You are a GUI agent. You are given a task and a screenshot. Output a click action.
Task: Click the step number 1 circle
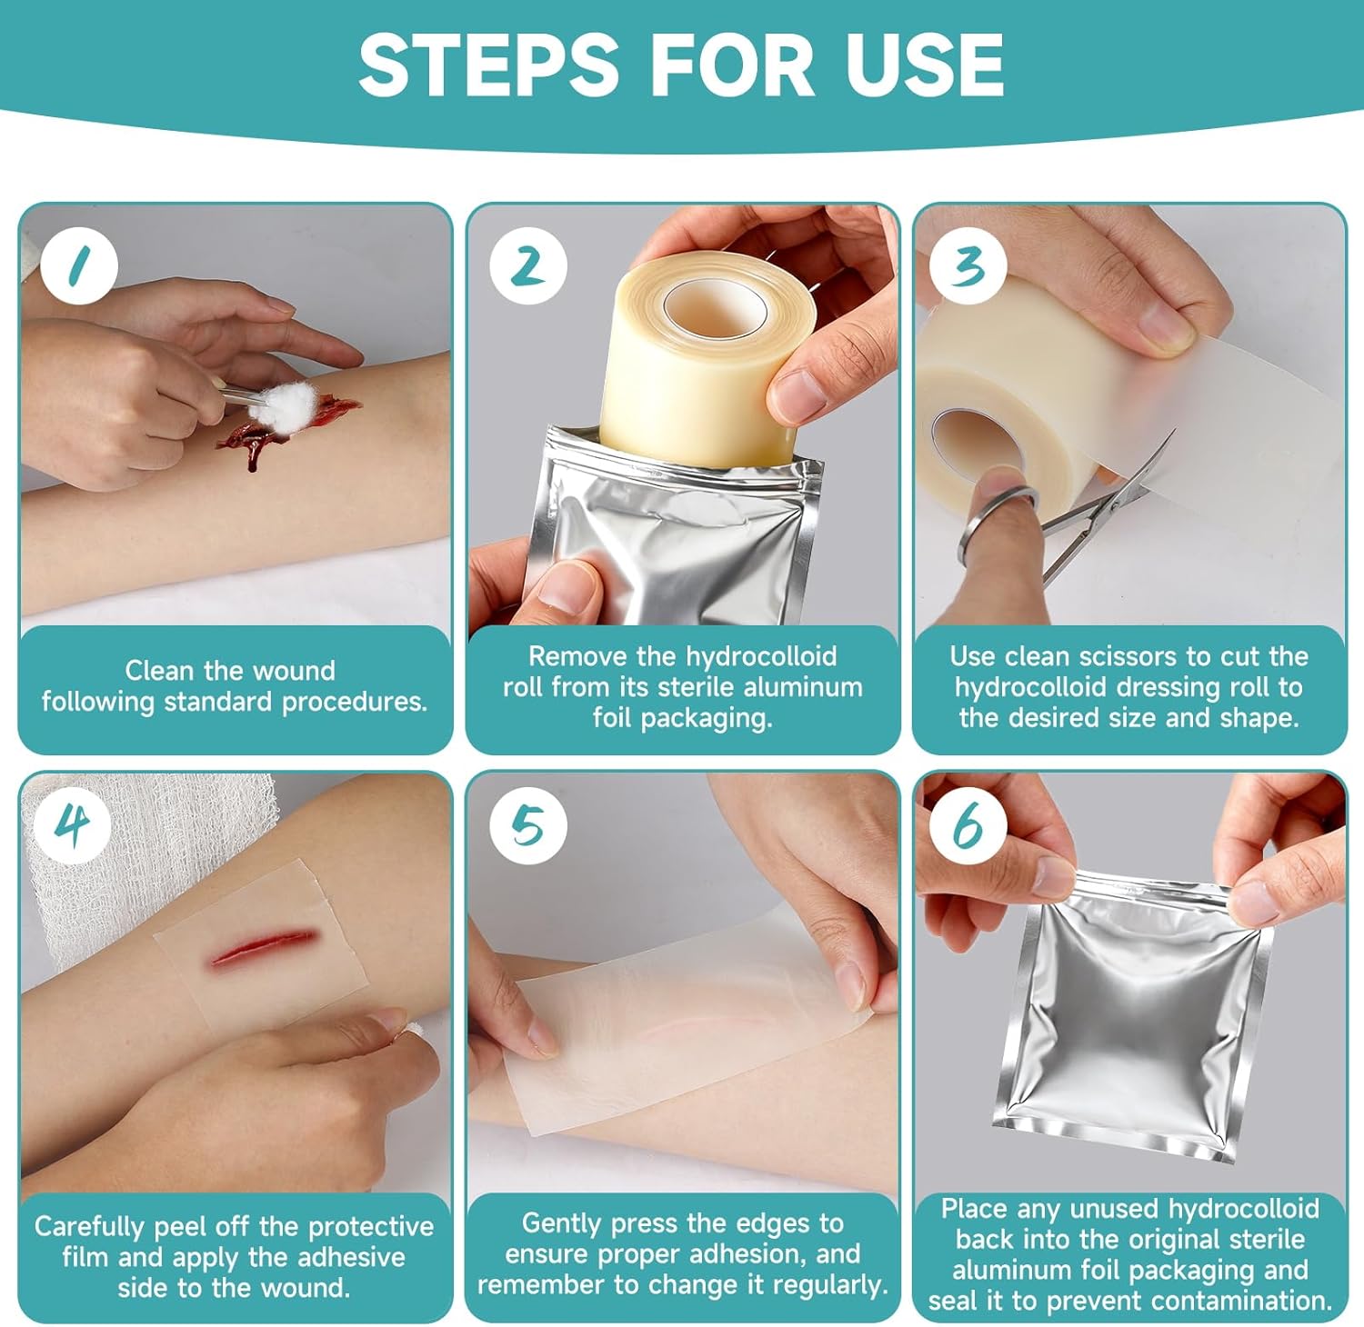(x=79, y=265)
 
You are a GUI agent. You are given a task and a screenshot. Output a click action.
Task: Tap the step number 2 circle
(x=528, y=265)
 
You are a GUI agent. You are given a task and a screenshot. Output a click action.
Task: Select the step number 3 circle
(x=968, y=265)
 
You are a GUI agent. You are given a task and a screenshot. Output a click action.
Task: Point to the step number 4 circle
(x=73, y=826)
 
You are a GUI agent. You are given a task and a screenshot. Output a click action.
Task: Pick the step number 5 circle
(x=528, y=826)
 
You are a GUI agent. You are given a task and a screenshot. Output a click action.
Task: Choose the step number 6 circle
(x=968, y=826)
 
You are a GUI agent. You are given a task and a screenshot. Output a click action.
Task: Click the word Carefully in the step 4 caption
(x=90, y=1227)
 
